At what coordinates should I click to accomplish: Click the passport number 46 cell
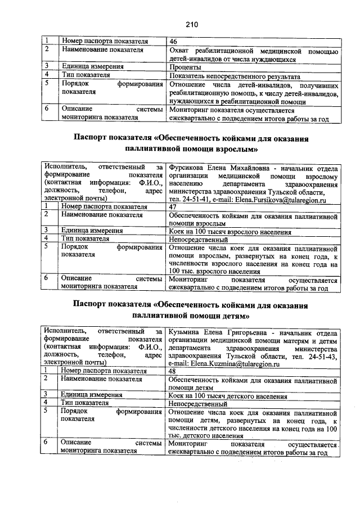click(173, 42)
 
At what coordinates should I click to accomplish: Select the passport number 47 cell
click(173, 207)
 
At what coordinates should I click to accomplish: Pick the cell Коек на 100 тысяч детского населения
click(228, 396)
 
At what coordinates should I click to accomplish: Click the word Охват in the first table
click(181, 51)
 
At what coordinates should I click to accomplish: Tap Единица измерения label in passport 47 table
click(92, 231)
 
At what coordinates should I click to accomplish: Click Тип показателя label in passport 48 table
click(85, 404)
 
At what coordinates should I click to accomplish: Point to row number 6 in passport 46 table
click(48, 109)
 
